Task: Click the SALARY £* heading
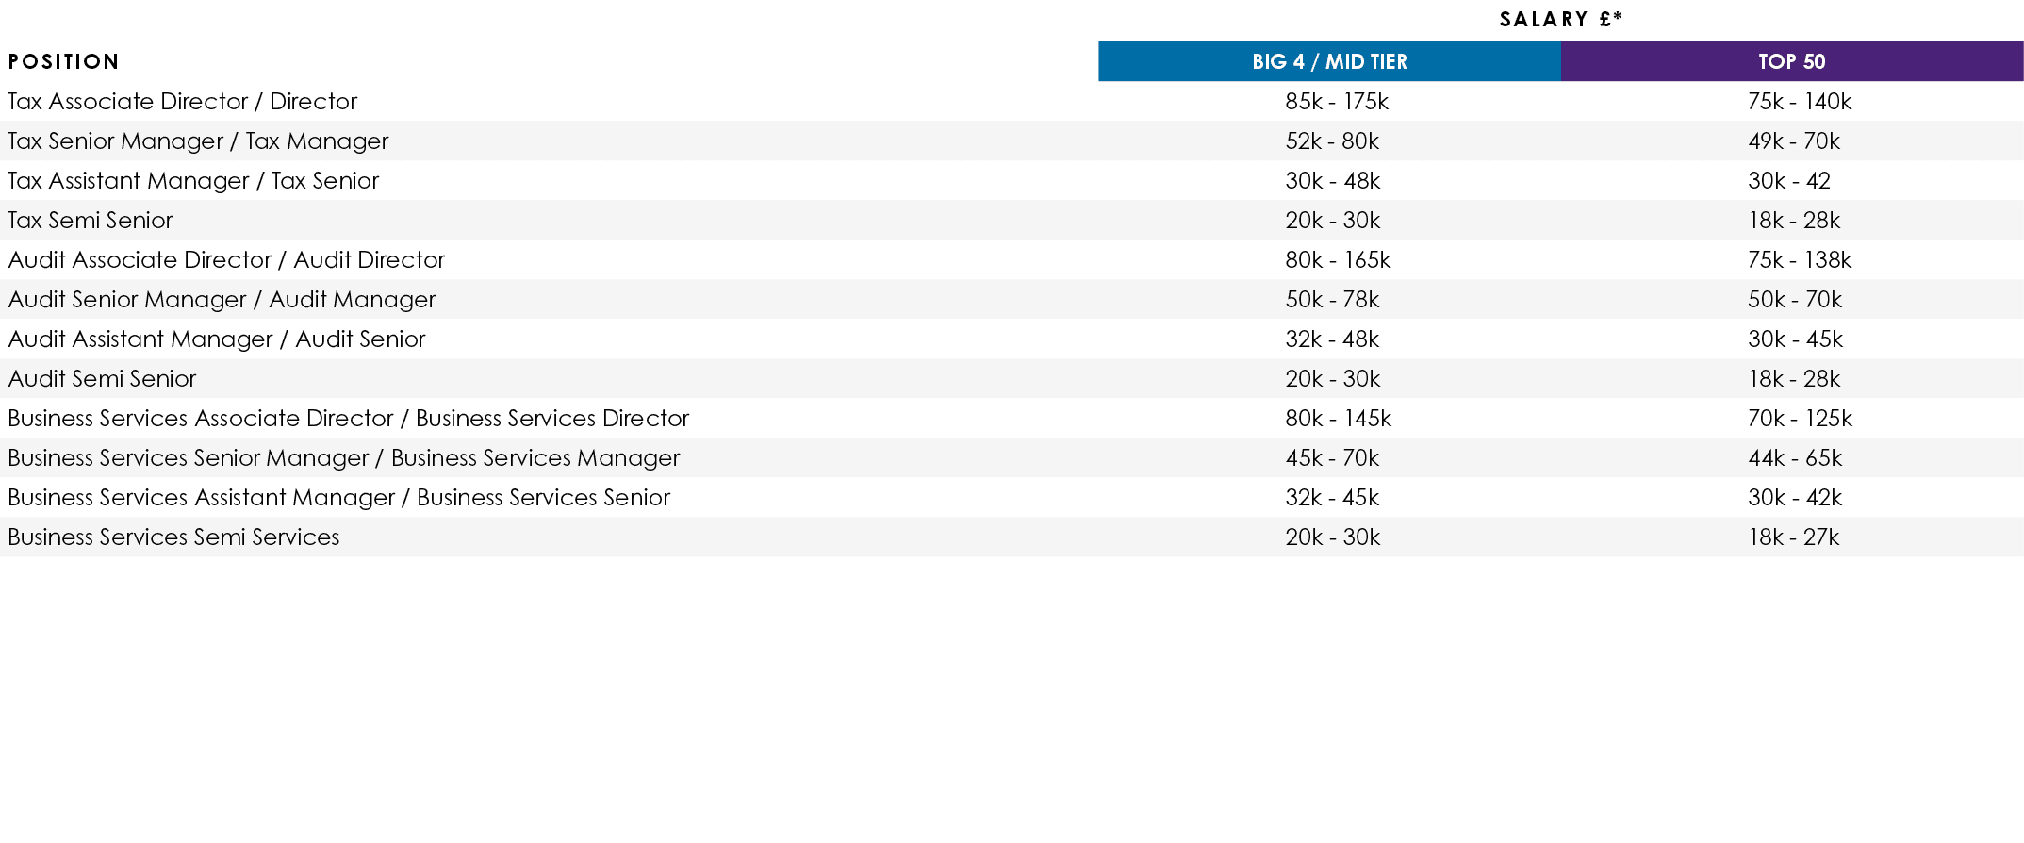click(1560, 20)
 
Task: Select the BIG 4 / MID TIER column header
click(1329, 62)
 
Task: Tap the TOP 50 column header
click(1791, 62)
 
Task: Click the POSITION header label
click(64, 62)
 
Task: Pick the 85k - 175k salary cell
click(1337, 102)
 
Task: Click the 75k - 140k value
click(1800, 102)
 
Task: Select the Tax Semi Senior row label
click(91, 221)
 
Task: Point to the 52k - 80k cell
click(1332, 141)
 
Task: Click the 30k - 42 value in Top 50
click(1789, 181)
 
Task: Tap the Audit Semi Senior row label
click(102, 379)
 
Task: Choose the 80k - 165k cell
click(1338, 260)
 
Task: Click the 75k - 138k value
click(1800, 260)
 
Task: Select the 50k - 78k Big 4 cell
click(1332, 300)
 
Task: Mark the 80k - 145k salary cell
click(1338, 419)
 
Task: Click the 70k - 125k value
click(1800, 419)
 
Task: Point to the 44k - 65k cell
click(1795, 458)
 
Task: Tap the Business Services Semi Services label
click(173, 537)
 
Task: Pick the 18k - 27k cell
click(1794, 537)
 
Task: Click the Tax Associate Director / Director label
click(183, 102)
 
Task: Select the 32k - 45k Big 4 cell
click(1332, 498)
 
